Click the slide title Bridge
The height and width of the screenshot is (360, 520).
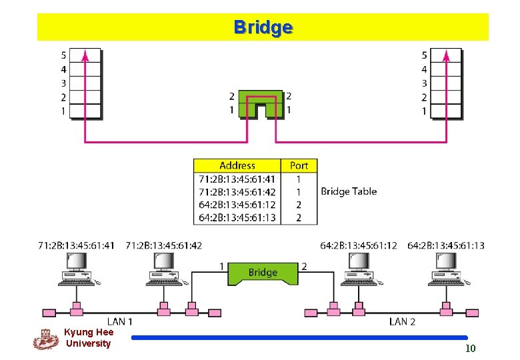pos(263,27)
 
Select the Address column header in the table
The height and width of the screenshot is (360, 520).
pos(237,165)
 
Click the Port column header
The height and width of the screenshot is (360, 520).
pos(299,165)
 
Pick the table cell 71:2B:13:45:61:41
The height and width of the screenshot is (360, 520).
pos(237,179)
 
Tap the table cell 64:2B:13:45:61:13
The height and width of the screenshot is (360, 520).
pos(237,217)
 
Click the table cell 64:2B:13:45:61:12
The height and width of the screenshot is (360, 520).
pos(237,205)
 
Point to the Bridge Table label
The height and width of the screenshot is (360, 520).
pos(349,191)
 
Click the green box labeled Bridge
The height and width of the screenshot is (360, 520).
pos(263,272)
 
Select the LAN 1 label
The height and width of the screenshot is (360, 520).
pos(121,321)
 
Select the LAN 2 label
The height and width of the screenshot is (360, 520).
pos(402,321)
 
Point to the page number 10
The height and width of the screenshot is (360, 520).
pos(470,349)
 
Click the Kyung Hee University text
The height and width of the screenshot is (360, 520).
pos(88,337)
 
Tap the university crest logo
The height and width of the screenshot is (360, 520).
pos(45,339)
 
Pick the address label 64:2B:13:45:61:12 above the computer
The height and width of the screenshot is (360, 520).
pos(358,246)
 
